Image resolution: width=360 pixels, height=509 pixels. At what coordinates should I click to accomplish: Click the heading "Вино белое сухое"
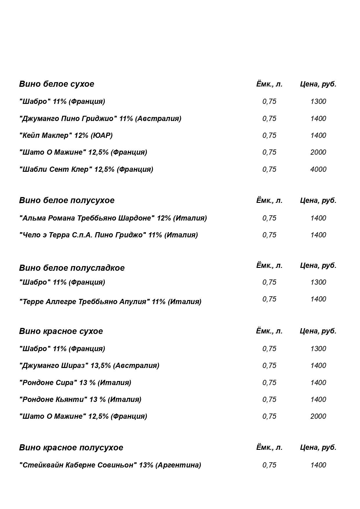pyautogui.click(x=57, y=84)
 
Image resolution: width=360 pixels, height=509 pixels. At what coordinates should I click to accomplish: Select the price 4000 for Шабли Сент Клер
pyautogui.click(x=318, y=169)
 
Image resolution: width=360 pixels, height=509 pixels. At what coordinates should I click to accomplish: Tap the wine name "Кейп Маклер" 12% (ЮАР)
pyautogui.click(x=66, y=135)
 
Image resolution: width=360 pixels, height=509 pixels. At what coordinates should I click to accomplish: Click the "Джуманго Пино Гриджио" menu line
pyautogui.click(x=100, y=118)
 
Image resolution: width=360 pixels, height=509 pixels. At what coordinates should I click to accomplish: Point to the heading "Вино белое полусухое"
pyautogui.click(x=67, y=200)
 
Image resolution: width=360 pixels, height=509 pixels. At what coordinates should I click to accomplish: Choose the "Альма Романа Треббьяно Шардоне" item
pyautogui.click(x=113, y=218)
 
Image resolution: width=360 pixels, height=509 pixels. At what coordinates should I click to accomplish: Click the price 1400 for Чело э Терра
pyautogui.click(x=318, y=235)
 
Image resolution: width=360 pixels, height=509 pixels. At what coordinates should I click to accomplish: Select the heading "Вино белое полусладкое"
pyautogui.click(x=72, y=268)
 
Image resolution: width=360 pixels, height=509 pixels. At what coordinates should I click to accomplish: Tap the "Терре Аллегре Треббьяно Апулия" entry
pyautogui.click(x=110, y=302)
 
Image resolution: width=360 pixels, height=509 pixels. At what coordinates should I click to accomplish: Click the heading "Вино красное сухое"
pyautogui.click(x=61, y=331)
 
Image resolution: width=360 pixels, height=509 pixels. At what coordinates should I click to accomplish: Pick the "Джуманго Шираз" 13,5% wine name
pyautogui.click(x=89, y=365)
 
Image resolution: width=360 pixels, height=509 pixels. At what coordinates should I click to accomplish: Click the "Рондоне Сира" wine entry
pyautogui.click(x=75, y=382)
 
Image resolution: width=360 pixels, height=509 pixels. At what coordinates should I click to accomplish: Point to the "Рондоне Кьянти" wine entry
pyautogui.click(x=80, y=399)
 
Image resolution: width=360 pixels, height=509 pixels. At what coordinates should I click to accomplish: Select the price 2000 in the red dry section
pyautogui.click(x=318, y=416)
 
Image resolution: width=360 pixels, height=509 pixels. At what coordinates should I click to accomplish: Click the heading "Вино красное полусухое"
pyautogui.click(x=71, y=447)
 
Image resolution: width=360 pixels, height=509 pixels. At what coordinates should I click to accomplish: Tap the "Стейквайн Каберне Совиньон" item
pyautogui.click(x=110, y=465)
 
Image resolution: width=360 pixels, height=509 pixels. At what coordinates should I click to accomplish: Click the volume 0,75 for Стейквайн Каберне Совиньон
pyautogui.click(x=269, y=465)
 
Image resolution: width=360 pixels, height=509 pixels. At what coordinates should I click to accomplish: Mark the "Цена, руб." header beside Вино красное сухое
pyautogui.click(x=318, y=331)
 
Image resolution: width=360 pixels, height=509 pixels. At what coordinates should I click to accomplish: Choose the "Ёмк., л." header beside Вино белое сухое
pyautogui.click(x=269, y=84)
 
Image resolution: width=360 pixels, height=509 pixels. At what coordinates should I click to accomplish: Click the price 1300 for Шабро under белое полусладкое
pyautogui.click(x=318, y=282)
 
